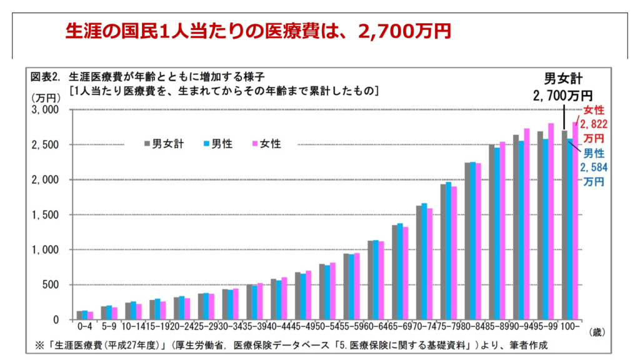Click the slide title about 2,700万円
pyautogui.click(x=258, y=31)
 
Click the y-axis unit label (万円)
pyautogui.click(x=42, y=98)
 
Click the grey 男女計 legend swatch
pyautogui.click(x=147, y=144)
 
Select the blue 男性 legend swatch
pyautogui.click(x=206, y=144)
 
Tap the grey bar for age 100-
pyautogui.click(x=564, y=225)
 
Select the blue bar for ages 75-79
pyautogui.click(x=448, y=251)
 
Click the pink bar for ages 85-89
pyautogui.click(x=502, y=231)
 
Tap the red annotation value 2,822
pyautogui.click(x=594, y=124)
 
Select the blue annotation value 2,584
pyautogui.click(x=594, y=167)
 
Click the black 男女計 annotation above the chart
pyautogui.click(x=562, y=79)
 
